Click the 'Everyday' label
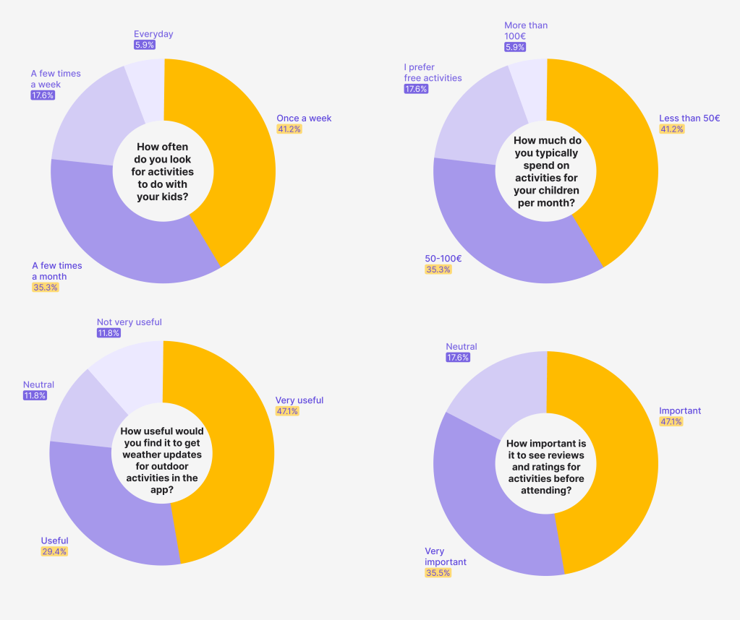click(153, 34)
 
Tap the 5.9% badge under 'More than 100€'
click(514, 47)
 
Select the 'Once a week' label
click(304, 118)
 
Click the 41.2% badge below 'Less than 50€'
click(671, 129)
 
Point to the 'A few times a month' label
click(57, 270)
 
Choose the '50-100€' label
click(443, 258)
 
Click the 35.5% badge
click(438, 573)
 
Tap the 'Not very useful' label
click(129, 322)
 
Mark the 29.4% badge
click(54, 551)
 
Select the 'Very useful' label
click(299, 400)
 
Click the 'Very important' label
click(446, 556)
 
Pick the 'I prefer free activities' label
click(433, 72)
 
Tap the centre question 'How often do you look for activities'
click(163, 172)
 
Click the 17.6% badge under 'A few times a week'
click(43, 95)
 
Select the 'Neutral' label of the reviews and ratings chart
click(462, 346)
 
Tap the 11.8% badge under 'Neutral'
click(35, 396)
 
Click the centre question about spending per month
click(547, 172)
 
